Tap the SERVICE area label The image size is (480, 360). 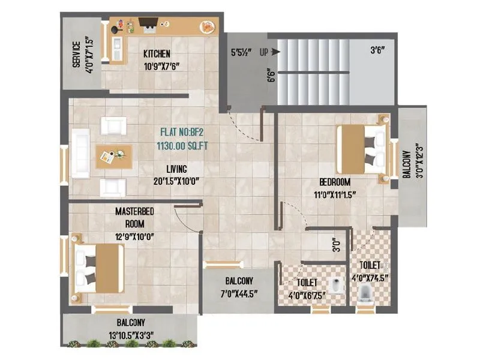pyautogui.click(x=77, y=55)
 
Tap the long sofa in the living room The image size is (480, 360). pyautogui.click(x=80, y=153)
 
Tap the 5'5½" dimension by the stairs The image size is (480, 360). pyautogui.click(x=242, y=52)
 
